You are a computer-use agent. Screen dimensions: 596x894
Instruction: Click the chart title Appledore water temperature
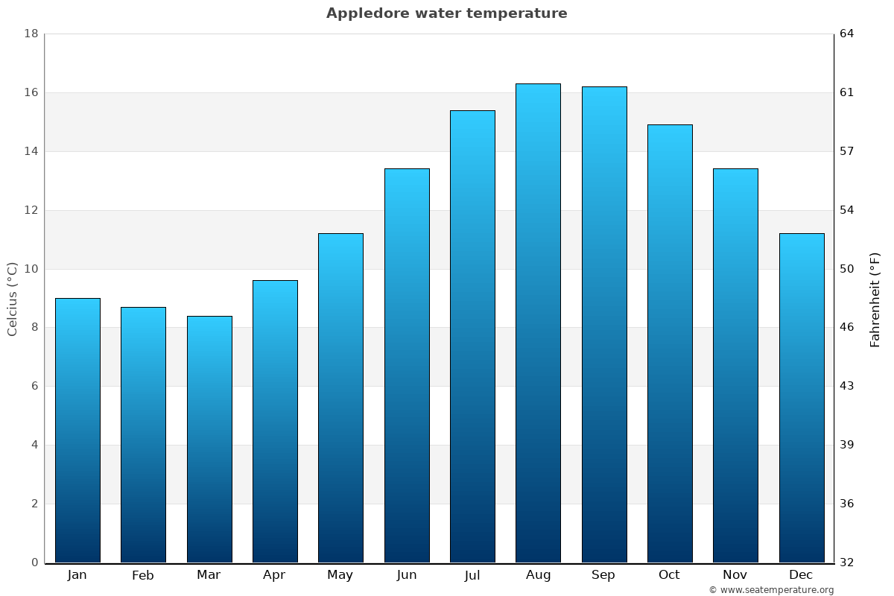pyautogui.click(x=446, y=13)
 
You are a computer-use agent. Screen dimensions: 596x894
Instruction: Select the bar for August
pyautogui.click(x=538, y=323)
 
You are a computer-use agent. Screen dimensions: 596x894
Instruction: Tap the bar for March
pyautogui.click(x=209, y=440)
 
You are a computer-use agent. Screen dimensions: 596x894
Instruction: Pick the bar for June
pyautogui.click(x=407, y=365)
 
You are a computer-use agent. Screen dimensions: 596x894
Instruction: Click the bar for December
pyautogui.click(x=802, y=398)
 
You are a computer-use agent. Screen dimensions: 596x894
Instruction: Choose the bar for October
pyautogui.click(x=670, y=343)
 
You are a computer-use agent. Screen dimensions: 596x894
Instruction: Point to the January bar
pyautogui.click(x=77, y=431)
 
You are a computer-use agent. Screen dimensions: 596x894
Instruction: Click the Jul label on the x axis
pyautogui.click(x=472, y=575)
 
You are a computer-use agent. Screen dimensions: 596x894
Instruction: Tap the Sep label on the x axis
pyautogui.click(x=603, y=575)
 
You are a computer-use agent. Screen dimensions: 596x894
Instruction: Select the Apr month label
pyautogui.click(x=274, y=575)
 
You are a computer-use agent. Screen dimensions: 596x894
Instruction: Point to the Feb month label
pyautogui.click(x=143, y=575)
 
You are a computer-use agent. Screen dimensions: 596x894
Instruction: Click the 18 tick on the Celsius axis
pyautogui.click(x=31, y=34)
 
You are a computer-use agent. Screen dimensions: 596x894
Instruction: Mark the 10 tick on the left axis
pyautogui.click(x=31, y=269)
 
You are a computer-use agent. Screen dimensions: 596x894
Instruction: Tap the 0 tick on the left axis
pyautogui.click(x=34, y=562)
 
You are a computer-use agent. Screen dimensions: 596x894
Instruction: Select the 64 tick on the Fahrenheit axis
pyautogui.click(x=847, y=34)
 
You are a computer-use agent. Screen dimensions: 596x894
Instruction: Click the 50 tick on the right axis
pyautogui.click(x=847, y=269)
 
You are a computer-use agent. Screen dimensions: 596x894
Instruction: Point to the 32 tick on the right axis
pyautogui.click(x=847, y=562)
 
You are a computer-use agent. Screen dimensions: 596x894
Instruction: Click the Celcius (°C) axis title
pyautogui.click(x=12, y=299)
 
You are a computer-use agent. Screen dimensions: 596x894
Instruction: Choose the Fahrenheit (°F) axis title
pyautogui.click(x=875, y=299)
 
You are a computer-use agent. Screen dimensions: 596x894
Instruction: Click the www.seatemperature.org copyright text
pyautogui.click(x=771, y=590)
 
